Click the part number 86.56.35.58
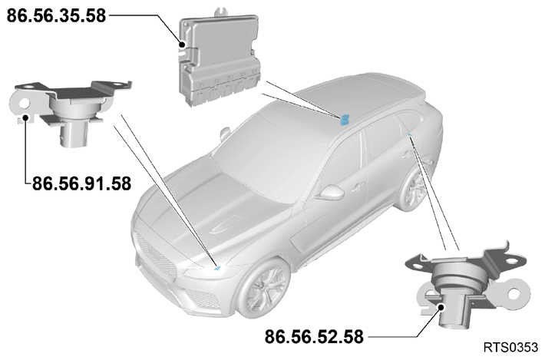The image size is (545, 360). tap(56, 16)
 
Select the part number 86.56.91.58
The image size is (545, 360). tap(81, 183)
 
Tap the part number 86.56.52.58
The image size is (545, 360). tap(314, 337)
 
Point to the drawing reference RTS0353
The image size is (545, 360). tap(510, 347)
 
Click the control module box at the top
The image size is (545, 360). tap(219, 59)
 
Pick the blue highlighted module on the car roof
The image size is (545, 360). tap(345, 120)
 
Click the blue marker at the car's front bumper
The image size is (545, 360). tap(217, 268)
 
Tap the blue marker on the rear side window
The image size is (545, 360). tap(410, 134)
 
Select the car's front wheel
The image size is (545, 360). tap(265, 289)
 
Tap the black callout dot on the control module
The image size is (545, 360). tap(182, 45)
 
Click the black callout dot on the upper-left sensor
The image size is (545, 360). tap(25, 117)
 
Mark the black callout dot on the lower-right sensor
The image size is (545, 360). tap(441, 307)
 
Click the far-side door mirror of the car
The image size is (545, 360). tap(225, 134)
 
